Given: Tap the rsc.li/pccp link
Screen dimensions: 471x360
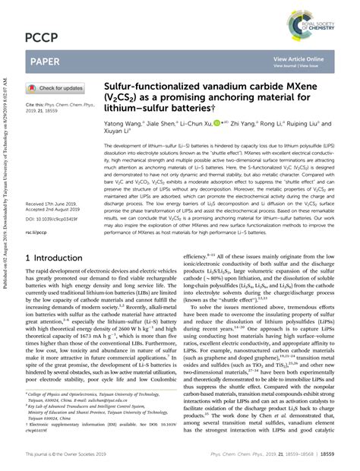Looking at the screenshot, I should coord(37,212).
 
